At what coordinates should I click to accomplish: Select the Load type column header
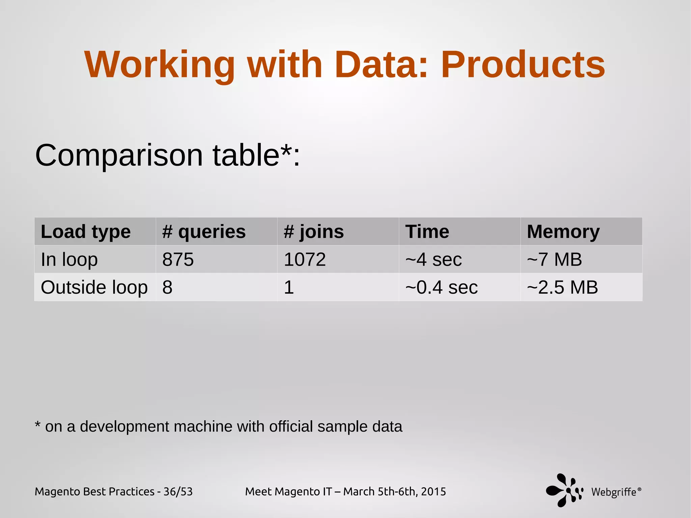point(86,232)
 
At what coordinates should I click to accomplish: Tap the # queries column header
point(204,232)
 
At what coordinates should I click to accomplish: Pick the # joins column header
point(314,232)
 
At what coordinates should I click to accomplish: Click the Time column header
point(427,232)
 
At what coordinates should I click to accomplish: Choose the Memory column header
point(563,232)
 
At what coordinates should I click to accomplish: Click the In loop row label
point(69,260)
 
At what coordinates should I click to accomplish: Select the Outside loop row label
point(94,287)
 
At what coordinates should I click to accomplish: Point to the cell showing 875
point(178,260)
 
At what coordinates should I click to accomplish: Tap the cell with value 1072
point(305,260)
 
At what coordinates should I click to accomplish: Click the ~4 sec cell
point(434,260)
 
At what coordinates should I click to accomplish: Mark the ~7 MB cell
point(554,260)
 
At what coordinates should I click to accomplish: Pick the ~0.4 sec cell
point(441,287)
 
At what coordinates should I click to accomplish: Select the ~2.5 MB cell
point(562,287)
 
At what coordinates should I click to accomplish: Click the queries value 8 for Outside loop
point(167,287)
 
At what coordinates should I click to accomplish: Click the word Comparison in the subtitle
point(119,155)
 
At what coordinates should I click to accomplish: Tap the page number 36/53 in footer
point(178,492)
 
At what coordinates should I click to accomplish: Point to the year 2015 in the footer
point(433,492)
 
